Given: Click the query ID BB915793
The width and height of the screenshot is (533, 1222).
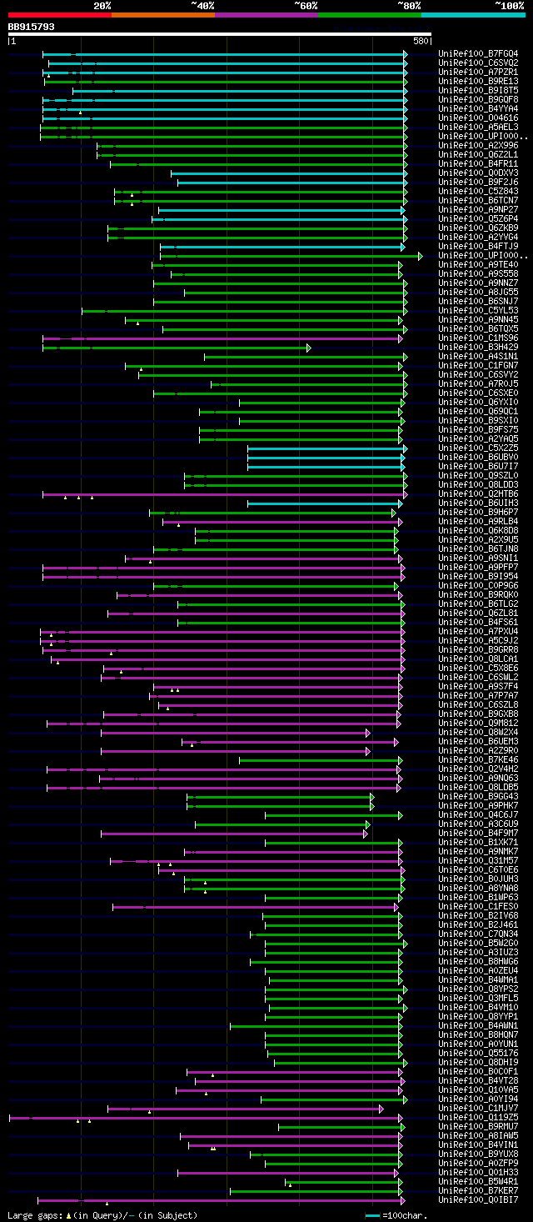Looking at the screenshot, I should (32, 27).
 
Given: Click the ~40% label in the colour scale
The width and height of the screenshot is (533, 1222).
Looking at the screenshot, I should (202, 6).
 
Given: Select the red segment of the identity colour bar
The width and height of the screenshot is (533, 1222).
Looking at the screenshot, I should (59, 15).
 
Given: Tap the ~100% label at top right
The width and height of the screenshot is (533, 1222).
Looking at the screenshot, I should (509, 6).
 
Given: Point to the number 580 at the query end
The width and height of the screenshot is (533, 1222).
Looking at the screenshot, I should (421, 40).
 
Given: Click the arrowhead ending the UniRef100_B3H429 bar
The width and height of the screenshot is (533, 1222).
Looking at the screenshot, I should (309, 348).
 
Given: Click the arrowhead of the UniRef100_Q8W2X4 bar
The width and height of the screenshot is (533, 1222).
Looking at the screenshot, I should (367, 733).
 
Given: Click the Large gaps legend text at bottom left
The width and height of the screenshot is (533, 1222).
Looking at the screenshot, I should (33, 1215).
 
